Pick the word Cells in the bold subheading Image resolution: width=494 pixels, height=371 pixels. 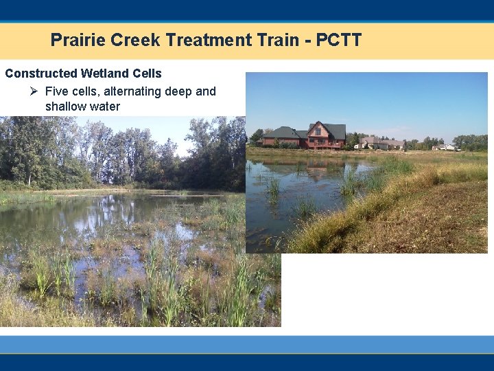(x=148, y=74)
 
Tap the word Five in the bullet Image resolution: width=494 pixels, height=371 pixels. (x=57, y=91)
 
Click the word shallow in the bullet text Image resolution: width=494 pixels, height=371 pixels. (x=65, y=106)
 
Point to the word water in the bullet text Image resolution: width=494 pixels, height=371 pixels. (x=104, y=106)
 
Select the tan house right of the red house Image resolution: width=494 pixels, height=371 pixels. (x=381, y=142)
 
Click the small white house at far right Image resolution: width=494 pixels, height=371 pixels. (x=445, y=146)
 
